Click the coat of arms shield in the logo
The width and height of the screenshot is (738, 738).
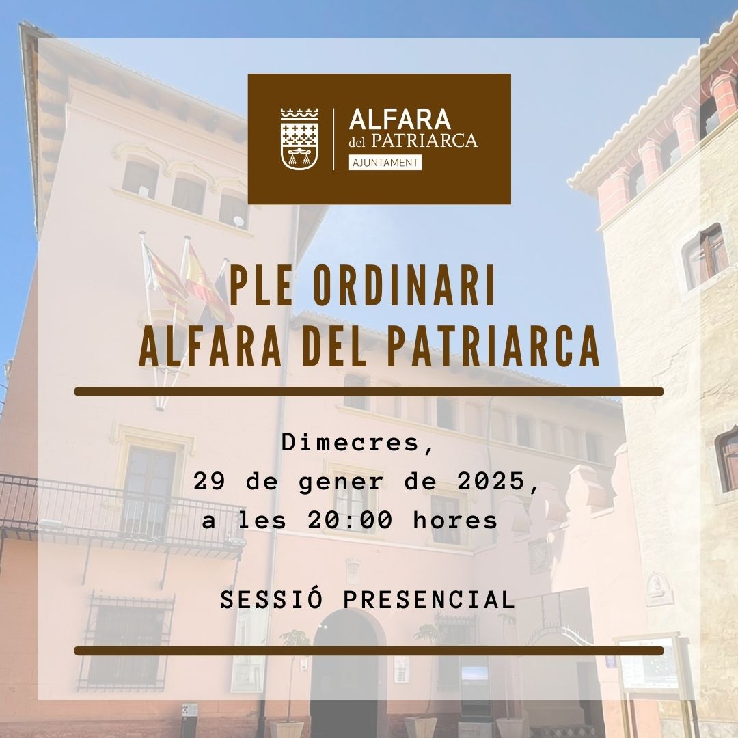click(299, 139)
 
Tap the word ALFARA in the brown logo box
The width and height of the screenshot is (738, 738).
click(400, 120)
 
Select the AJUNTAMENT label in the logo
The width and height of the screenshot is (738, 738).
click(385, 163)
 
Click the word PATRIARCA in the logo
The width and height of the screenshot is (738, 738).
click(424, 141)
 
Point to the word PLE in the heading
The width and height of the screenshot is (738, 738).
click(260, 286)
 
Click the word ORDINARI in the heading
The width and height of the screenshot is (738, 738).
click(405, 286)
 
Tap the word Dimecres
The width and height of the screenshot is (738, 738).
click(357, 443)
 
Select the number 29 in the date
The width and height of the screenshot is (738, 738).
click(208, 482)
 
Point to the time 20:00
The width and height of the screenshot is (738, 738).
click(350, 520)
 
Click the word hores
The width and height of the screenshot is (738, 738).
click(455, 520)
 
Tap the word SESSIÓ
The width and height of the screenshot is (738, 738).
click(271, 600)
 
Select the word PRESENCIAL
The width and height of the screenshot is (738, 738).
click(428, 600)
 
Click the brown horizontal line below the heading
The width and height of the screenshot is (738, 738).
click(369, 392)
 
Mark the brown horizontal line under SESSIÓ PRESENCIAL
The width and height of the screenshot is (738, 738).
click(369, 651)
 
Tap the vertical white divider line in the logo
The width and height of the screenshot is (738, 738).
click(333, 139)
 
